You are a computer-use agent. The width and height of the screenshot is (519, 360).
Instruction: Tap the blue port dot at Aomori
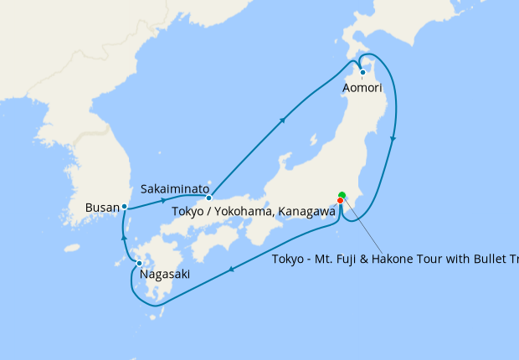(x=362, y=73)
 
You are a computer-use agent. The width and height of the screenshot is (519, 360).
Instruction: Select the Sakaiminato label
(x=175, y=189)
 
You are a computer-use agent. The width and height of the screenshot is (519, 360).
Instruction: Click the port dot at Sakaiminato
(x=209, y=198)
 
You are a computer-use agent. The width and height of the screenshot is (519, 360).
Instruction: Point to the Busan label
(x=102, y=207)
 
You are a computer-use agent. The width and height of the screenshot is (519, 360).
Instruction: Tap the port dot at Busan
(x=124, y=206)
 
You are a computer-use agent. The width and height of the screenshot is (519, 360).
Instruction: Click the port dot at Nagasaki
(x=139, y=264)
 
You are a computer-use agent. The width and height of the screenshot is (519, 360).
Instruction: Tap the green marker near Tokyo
(x=342, y=196)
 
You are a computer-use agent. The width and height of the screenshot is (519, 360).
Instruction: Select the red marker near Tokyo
(x=341, y=201)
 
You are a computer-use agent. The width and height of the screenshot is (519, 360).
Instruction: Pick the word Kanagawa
(x=305, y=211)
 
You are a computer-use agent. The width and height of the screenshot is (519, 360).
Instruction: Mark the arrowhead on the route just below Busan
(x=124, y=239)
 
